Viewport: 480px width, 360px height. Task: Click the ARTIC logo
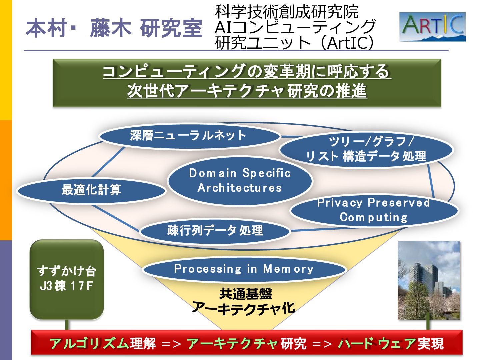pos(432,27)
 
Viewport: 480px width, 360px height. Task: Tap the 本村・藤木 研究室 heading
pos(114,28)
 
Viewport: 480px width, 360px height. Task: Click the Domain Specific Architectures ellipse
pos(240,180)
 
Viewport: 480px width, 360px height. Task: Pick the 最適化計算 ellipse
pos(91,190)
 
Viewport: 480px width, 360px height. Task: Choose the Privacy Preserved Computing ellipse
pos(374,210)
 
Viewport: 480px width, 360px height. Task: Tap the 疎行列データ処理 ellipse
pos(215,230)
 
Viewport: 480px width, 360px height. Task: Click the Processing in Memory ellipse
pos(244,269)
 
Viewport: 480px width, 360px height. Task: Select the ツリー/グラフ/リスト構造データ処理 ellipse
pos(366,149)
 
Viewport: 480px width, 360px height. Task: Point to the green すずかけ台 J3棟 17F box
pos(67,279)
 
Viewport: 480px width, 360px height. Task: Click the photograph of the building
pos(429,280)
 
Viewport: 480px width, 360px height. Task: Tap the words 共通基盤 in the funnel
pos(246,294)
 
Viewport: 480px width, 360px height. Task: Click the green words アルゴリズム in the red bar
pos(89,343)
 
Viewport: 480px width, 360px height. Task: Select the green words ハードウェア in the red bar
pos(377,343)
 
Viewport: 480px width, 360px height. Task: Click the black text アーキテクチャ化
pos(244,308)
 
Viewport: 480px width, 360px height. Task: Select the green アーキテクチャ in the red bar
pos(232,343)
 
